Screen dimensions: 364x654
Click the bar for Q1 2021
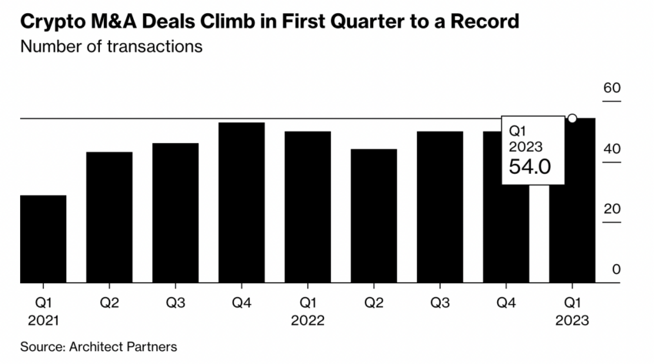click(x=43, y=239)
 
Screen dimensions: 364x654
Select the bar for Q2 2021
click(x=109, y=217)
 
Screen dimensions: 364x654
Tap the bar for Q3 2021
click(x=175, y=212)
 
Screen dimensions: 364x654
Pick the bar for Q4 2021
click(x=242, y=202)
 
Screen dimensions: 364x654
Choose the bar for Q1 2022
click(x=308, y=207)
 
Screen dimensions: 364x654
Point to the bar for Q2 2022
click(x=374, y=215)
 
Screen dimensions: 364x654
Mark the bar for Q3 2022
click(x=440, y=207)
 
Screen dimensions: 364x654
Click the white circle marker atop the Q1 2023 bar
click(x=572, y=119)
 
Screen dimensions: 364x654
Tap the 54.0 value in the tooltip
click(x=530, y=166)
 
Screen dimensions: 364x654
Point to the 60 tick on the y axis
click(x=612, y=88)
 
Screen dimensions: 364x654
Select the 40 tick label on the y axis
click(x=612, y=149)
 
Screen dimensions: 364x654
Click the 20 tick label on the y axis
click(x=612, y=209)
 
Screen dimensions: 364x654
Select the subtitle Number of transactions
click(x=112, y=46)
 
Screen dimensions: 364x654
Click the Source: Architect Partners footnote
click(x=98, y=346)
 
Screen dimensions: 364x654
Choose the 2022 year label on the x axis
click(x=308, y=320)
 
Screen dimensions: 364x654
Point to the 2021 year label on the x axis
click(x=43, y=320)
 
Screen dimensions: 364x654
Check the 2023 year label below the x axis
click(x=572, y=320)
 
